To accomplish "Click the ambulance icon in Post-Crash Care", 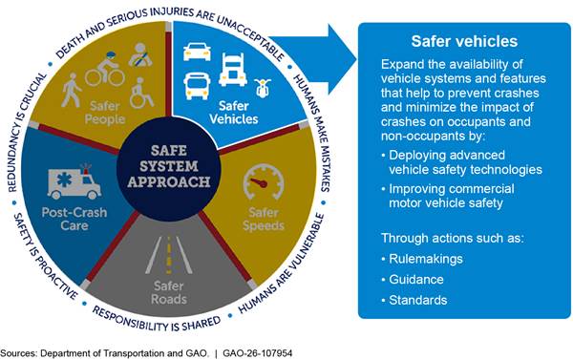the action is point(74,181).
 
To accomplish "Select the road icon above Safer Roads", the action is point(169,256).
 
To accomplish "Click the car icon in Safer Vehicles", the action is point(197,52).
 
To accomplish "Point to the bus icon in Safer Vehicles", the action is point(197,86).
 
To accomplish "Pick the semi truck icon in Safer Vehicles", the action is point(233,70).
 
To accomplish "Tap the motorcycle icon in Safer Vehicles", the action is point(263,88).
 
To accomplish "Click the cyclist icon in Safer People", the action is point(105,70).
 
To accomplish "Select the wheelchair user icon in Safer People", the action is point(141,93).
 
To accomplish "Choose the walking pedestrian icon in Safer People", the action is point(72,90).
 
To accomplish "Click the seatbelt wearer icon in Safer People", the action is point(140,55).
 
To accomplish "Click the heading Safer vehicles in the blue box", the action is point(464,41).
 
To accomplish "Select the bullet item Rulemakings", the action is point(422,259).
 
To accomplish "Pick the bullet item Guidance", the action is point(413,280).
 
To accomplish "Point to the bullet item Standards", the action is point(414,301).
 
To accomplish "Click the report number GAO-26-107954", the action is point(257,353).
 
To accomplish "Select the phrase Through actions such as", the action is point(453,239).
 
